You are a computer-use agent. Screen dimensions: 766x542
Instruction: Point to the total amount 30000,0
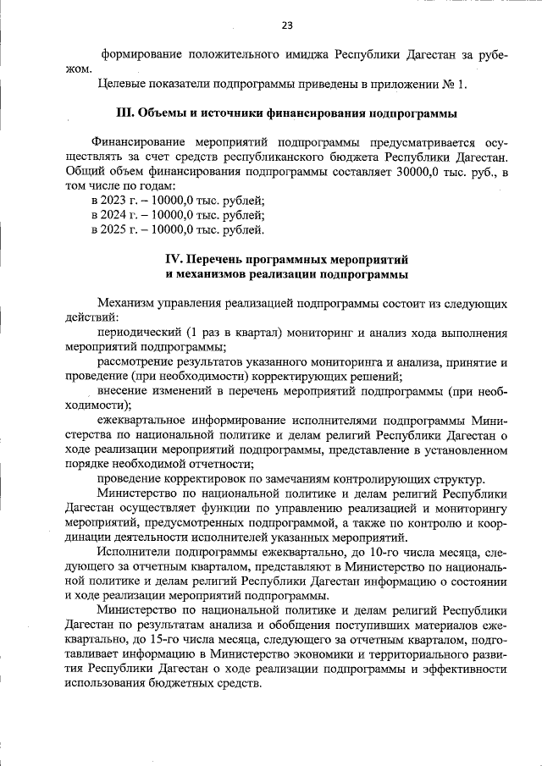(418, 172)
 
